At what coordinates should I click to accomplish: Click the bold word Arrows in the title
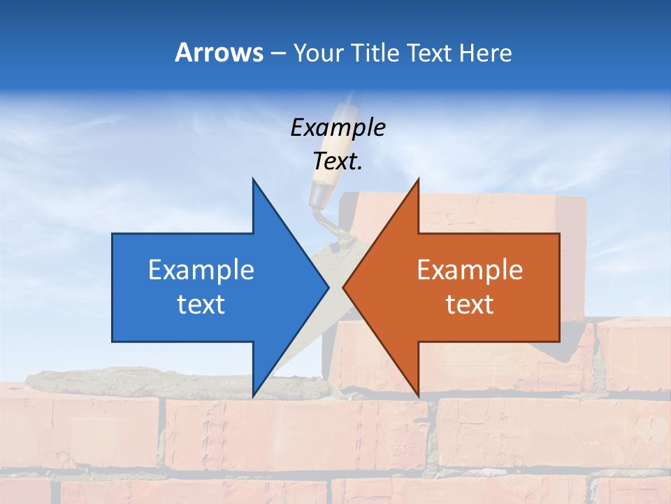click(219, 52)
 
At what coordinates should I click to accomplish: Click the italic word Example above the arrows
click(338, 127)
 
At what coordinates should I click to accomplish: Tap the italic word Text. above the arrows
click(338, 162)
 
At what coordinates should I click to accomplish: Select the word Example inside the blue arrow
click(201, 270)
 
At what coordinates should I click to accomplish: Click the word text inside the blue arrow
click(201, 304)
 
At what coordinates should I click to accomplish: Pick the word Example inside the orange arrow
click(470, 270)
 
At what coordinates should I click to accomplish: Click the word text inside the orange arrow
click(470, 304)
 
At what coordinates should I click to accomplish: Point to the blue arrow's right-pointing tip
click(328, 287)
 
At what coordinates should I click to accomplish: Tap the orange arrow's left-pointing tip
click(344, 287)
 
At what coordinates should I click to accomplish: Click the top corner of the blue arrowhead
click(253, 179)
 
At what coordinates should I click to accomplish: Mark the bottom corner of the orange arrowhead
click(418, 395)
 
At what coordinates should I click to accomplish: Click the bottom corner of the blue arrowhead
click(253, 395)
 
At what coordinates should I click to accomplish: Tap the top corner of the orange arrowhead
click(418, 179)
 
